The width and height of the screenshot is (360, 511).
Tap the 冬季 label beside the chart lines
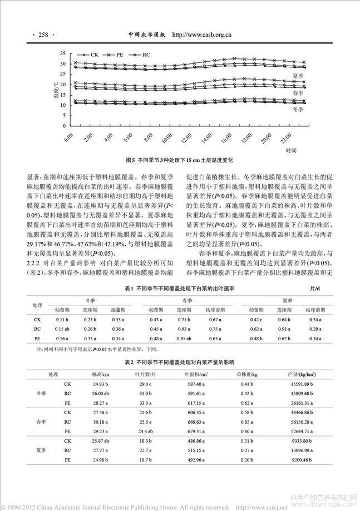click(x=298, y=110)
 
